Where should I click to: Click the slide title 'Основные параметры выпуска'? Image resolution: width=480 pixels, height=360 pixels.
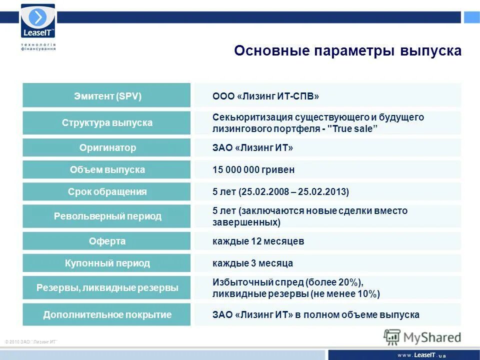pos(347,51)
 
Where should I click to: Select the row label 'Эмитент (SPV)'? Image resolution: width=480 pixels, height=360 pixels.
pos(106,96)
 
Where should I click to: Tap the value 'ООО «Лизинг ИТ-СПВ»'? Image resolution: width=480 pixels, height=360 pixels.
pos(265,96)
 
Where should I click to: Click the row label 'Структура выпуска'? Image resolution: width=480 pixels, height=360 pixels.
pos(106,123)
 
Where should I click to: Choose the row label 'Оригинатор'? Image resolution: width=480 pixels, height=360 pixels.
pos(106,148)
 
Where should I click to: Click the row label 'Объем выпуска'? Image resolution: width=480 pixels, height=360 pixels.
pos(106,170)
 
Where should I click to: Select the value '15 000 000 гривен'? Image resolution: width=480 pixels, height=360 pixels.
pos(253,170)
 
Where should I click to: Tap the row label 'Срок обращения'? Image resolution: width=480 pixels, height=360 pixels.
pos(106,192)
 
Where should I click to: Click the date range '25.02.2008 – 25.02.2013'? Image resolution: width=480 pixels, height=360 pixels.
pos(293,192)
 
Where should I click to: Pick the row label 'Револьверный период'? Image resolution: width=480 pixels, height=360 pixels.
pos(106,216)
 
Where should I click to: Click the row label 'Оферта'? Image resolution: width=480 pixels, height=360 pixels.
pos(106,241)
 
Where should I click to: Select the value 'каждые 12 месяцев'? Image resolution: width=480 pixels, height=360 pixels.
pos(258,241)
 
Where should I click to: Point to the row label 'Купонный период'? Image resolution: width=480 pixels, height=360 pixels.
pos(106,263)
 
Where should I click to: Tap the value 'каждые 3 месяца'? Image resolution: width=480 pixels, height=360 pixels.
pos(252,263)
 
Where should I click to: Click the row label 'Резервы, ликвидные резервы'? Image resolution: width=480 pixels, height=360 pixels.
pos(106,288)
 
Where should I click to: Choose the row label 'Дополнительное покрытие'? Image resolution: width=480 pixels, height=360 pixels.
pos(106,315)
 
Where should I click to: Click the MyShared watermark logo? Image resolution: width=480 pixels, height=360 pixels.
pos(422,336)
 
